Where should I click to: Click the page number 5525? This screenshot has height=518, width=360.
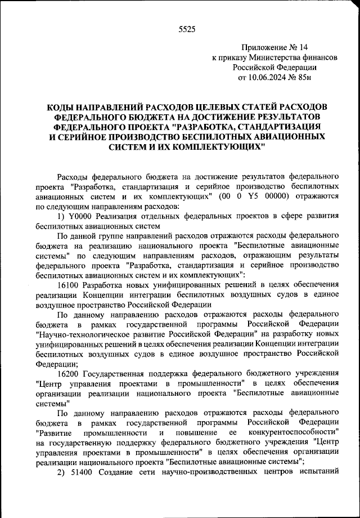pyautogui.click(x=186, y=30)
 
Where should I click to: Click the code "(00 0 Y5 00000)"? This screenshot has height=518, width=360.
pyautogui.click(x=254, y=196)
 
